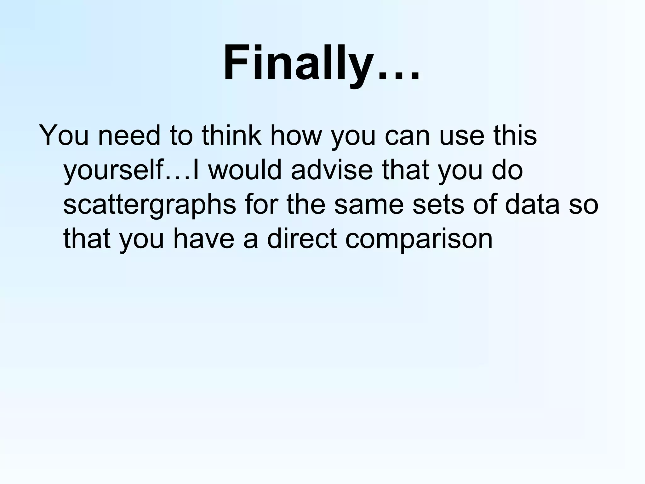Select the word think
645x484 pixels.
pyautogui.click(x=231, y=136)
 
